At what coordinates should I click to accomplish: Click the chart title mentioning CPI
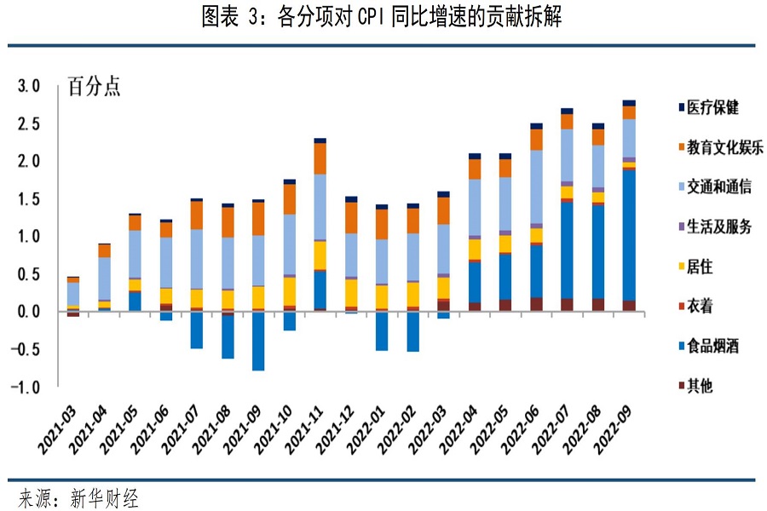(x=383, y=18)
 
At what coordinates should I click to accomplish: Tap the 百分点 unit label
(x=94, y=87)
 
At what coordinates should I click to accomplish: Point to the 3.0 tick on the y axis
(x=30, y=86)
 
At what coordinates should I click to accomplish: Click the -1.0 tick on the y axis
(x=28, y=388)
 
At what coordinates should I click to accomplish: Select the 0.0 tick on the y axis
(x=30, y=312)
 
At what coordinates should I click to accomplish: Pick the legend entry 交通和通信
(x=717, y=187)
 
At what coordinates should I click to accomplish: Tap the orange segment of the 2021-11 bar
(x=320, y=158)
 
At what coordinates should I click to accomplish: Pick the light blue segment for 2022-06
(x=537, y=187)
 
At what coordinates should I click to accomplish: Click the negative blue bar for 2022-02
(x=413, y=331)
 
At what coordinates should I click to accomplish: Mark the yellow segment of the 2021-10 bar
(x=290, y=290)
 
